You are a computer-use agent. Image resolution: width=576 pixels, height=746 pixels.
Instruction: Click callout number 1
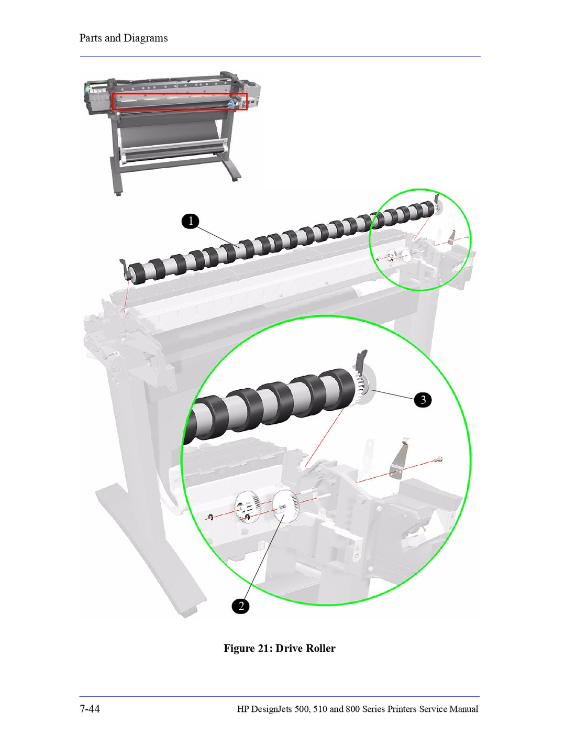click(x=191, y=221)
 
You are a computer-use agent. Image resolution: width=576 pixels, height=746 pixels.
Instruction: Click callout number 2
click(x=241, y=606)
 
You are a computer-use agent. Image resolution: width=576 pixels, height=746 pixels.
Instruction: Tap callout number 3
click(x=423, y=400)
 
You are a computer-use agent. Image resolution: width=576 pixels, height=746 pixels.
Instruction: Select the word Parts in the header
click(x=91, y=38)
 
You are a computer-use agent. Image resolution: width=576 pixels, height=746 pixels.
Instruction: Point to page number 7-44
click(x=90, y=709)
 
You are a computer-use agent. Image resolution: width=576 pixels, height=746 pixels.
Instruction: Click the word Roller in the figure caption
click(x=320, y=648)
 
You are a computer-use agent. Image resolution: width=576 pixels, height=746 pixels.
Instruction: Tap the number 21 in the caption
click(x=263, y=648)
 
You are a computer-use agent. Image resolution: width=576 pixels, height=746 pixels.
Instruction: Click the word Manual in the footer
click(x=463, y=709)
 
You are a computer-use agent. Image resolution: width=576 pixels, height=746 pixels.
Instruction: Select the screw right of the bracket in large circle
click(x=438, y=460)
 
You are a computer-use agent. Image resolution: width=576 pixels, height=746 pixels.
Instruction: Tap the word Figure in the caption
click(x=239, y=648)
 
